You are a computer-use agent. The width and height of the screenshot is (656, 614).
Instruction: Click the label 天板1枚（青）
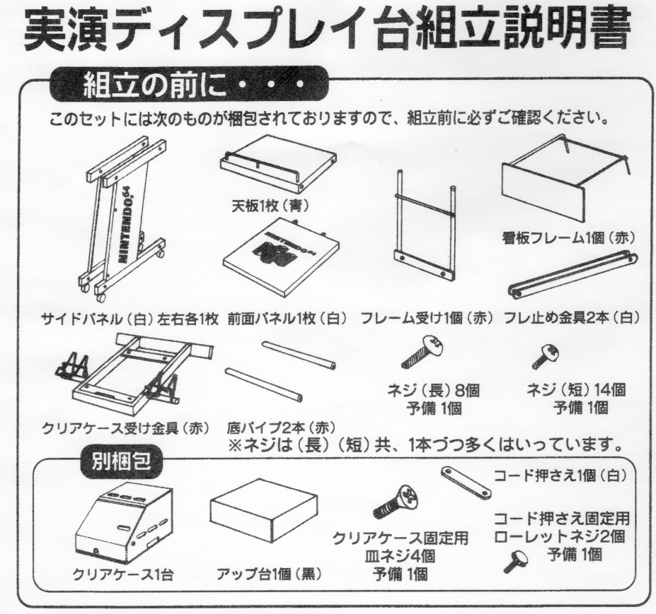click(x=271, y=206)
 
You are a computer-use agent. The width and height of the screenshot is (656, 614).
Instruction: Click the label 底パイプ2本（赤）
click(x=281, y=427)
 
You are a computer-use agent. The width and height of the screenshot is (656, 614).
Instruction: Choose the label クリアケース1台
click(x=122, y=574)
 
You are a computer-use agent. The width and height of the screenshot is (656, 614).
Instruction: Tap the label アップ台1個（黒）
click(x=269, y=574)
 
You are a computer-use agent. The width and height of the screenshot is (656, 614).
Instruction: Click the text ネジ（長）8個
click(x=434, y=391)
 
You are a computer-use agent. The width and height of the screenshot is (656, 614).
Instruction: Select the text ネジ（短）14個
click(x=576, y=390)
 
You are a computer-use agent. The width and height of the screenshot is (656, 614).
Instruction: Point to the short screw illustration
click(x=546, y=356)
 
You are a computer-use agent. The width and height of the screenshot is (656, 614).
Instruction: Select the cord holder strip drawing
click(x=466, y=483)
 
